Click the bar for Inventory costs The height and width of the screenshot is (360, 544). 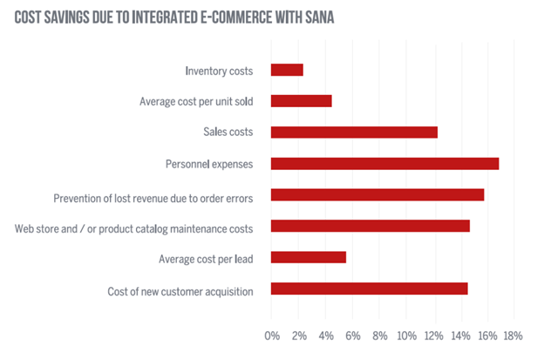287,70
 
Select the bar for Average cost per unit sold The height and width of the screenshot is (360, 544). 301,101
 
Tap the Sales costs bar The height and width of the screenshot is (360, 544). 354,132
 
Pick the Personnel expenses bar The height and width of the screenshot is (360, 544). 384,164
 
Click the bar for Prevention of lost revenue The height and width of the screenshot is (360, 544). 377,195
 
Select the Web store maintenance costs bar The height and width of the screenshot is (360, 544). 371,227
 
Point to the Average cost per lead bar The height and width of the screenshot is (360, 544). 309,257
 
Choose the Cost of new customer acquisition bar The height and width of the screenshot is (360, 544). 369,289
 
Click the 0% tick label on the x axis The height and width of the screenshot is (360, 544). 272,336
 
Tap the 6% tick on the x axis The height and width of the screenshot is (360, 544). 352,336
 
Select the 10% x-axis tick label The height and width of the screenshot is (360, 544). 406,336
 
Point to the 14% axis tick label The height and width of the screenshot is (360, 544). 459,336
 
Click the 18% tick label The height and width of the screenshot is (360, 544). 513,336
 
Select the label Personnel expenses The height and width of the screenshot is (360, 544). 209,164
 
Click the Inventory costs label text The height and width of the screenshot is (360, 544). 219,71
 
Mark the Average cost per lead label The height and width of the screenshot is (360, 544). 206,258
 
